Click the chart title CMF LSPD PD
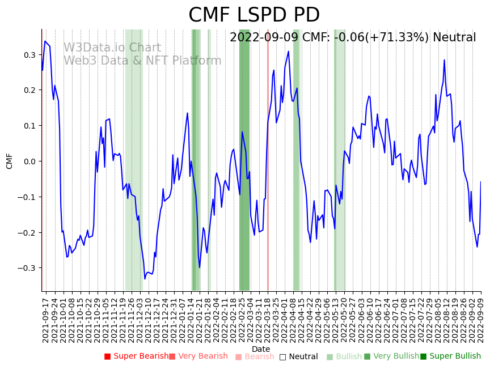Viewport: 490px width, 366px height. pos(254,15)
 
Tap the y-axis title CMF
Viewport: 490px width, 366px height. pos(10,161)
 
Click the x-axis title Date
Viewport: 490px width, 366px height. pos(261,349)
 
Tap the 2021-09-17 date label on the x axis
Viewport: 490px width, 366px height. pos(45,318)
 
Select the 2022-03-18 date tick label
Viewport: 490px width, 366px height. pos(268,318)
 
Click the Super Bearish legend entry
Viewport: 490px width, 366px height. pos(136,356)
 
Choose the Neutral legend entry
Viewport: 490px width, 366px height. pos(298,356)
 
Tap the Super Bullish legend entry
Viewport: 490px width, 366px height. pos(450,356)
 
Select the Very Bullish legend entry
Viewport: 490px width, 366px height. pos(391,356)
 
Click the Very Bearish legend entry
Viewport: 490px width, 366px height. pos(198,356)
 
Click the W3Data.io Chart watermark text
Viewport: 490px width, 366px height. pos(112,48)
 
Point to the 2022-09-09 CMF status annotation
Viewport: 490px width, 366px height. pos(353,37)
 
